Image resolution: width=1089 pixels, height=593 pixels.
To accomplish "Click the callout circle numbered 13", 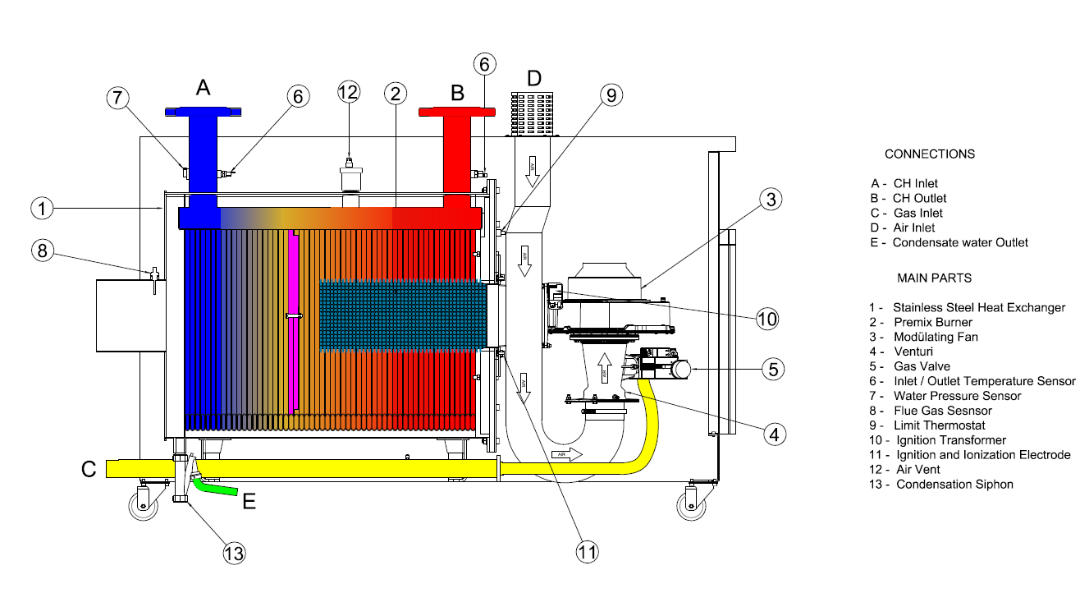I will (x=234, y=553).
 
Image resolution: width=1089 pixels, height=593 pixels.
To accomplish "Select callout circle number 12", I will (x=349, y=93).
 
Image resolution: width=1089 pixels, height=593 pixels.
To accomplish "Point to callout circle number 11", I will (x=586, y=552).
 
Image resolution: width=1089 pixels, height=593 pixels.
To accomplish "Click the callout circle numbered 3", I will (x=769, y=199).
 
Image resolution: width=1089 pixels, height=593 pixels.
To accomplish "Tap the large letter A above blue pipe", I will (x=204, y=87).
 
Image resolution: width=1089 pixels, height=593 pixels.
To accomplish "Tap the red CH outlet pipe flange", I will (x=457, y=112).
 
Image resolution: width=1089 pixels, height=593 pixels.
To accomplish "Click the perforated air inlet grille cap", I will (x=533, y=114).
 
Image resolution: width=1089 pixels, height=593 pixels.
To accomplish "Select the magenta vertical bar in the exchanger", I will (x=293, y=320).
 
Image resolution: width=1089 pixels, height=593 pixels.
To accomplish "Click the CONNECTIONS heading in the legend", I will (x=929, y=154).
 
